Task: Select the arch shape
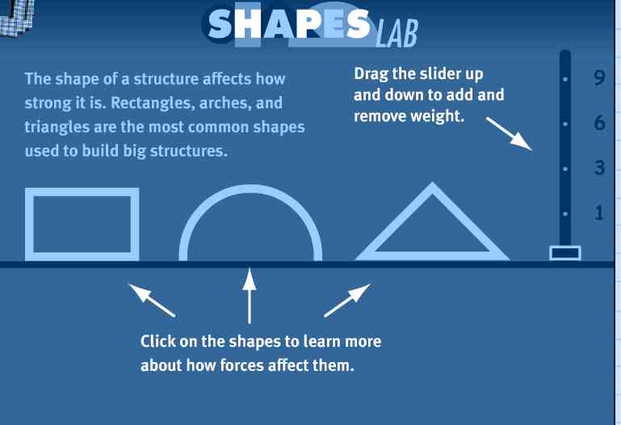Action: click(x=250, y=189)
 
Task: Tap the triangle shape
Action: click(x=432, y=256)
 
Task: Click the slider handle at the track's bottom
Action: click(x=565, y=253)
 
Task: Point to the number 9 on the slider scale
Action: click(x=600, y=77)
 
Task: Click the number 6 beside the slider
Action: click(x=600, y=123)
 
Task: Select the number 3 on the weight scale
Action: click(x=600, y=168)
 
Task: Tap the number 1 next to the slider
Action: click(x=599, y=213)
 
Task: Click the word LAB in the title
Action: click(x=397, y=34)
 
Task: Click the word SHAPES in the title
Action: click(x=289, y=24)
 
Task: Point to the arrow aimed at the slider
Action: click(x=509, y=134)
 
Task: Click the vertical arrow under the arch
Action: click(x=249, y=296)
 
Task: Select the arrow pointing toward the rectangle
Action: click(x=152, y=300)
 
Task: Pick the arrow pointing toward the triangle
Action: click(x=347, y=300)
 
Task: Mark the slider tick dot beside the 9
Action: click(x=565, y=80)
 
